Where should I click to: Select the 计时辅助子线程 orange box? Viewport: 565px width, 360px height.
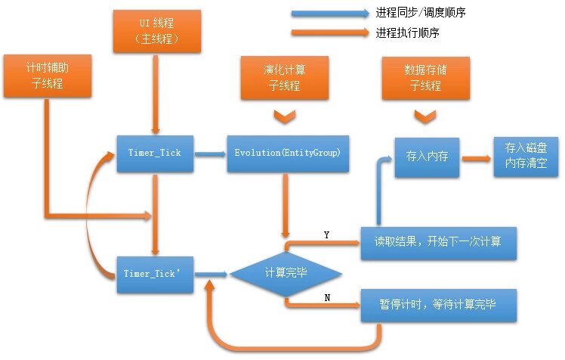pos(48,76)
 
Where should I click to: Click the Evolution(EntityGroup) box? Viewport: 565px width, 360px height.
pos(283,153)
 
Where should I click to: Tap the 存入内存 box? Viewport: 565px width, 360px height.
pos(427,159)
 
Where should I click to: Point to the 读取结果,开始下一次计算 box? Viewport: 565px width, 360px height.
pos(438,242)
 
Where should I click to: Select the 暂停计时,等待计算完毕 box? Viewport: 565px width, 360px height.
pos(438,306)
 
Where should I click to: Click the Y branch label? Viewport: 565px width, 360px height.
pos(326,235)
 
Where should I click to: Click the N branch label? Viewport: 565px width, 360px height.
pos(326,297)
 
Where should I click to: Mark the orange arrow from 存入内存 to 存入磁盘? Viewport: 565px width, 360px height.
pos(475,159)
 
